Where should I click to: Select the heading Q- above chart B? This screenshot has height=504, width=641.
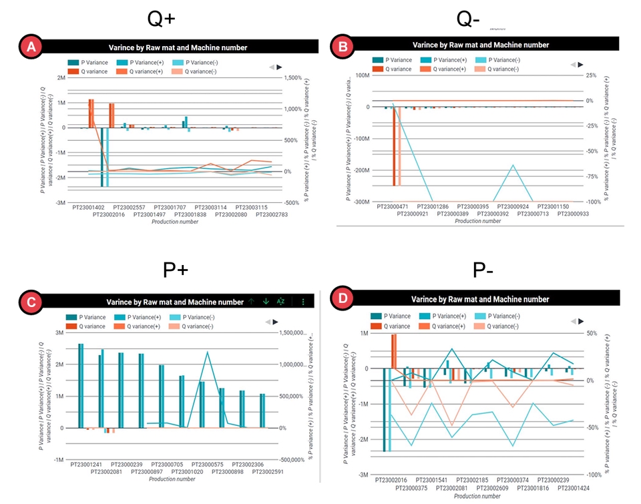coord(468,18)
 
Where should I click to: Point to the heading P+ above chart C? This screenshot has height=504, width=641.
coord(176,269)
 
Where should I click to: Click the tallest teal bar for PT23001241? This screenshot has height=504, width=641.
coord(81,385)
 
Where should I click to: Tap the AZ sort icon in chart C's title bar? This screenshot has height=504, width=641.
coord(280,302)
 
